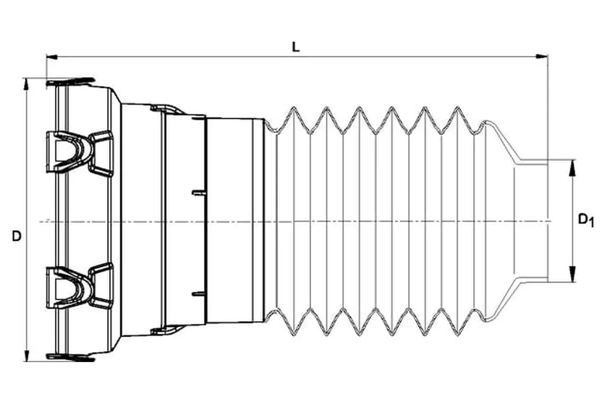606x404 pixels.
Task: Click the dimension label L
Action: (x=295, y=47)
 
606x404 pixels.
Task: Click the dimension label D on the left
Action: (x=16, y=236)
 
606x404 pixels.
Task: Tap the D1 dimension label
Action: (x=585, y=220)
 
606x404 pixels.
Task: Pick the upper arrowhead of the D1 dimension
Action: (x=572, y=167)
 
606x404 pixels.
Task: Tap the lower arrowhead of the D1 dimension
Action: (x=572, y=274)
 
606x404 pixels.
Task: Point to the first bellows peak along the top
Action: (x=293, y=109)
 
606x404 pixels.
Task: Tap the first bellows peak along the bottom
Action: (x=293, y=334)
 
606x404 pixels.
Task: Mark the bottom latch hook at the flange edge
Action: (x=71, y=358)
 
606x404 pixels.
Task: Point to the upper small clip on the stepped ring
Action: (x=166, y=109)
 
